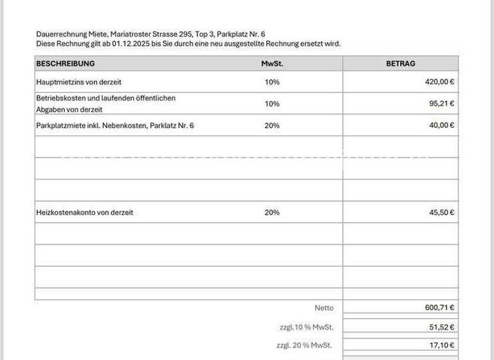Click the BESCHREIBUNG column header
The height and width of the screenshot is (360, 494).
coord(66,64)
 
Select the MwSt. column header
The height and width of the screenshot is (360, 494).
coord(272,64)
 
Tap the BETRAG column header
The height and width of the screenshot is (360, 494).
coord(400,64)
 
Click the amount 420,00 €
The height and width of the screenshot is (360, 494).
coord(440,82)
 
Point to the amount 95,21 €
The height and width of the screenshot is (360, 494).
coord(442,104)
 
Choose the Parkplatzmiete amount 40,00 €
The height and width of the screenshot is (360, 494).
coord(442,125)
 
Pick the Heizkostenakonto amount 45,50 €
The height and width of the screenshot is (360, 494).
coord(442,213)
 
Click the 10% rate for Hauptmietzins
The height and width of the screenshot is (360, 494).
coord(272,82)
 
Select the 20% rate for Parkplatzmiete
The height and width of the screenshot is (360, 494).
coord(272,125)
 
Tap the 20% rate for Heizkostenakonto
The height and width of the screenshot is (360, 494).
coord(272,213)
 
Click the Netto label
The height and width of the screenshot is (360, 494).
coord(324,308)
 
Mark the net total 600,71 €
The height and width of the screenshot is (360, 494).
coord(440,308)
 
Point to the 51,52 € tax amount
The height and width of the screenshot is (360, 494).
coord(442,327)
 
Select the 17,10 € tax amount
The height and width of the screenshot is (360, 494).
coord(442,346)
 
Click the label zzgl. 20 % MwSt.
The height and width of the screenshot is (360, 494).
coord(304,346)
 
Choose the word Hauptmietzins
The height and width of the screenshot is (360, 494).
coord(59,82)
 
